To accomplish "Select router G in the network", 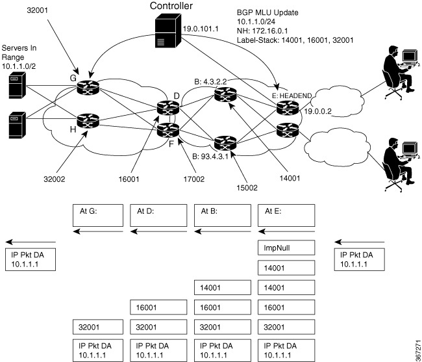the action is point(88,87).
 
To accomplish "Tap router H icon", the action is point(88,121).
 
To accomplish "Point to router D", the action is point(168,107).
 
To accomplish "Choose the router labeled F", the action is point(168,130).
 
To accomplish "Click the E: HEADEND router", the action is point(288,107).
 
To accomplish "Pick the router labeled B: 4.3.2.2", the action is point(225,94).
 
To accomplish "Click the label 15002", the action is point(247,188).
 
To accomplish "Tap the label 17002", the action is point(193,179).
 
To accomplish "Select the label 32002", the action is point(54,179).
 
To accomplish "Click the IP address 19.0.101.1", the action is point(201,29).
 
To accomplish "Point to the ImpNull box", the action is point(286,248).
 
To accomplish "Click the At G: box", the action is point(98,215).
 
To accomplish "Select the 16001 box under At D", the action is point(158,307).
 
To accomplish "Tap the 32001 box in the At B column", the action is point(223,327).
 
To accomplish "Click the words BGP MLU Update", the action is point(267,12).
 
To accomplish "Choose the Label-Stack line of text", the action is point(295,40).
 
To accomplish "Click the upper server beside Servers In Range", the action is point(18,85).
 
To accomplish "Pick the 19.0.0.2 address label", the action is point(317,111).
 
